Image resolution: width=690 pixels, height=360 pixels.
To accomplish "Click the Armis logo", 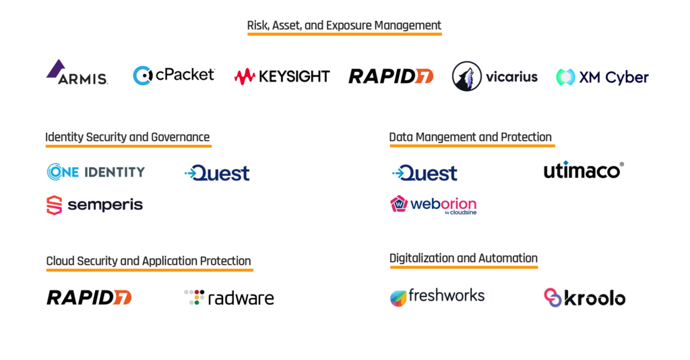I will pos(77,73).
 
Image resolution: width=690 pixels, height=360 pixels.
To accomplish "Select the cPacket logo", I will pos(174,75).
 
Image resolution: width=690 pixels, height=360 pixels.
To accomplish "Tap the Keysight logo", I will pos(282,76).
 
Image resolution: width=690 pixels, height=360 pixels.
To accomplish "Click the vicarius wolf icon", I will pos(468,76).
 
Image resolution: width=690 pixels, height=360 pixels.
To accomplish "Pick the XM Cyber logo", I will pos(602,77).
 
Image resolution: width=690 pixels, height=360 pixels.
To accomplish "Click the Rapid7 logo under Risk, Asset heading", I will pos(391,76).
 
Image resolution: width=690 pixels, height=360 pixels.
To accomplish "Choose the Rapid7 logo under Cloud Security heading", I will pos(89,297).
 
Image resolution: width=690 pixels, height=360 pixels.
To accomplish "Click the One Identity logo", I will pos(96,172).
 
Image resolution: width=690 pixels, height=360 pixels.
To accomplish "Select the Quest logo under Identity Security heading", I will pos(217,173).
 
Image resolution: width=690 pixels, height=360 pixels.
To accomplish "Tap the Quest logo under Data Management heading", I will pos(425,173).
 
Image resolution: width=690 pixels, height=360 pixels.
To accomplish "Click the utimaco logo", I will pos(584,171).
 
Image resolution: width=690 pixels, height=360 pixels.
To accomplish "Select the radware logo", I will pos(229,298).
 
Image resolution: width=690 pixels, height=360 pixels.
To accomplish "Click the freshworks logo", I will pos(437,296).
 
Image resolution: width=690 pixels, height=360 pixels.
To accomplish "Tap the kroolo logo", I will pos(584,297).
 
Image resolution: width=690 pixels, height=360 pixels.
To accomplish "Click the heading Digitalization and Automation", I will pos(464,258).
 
